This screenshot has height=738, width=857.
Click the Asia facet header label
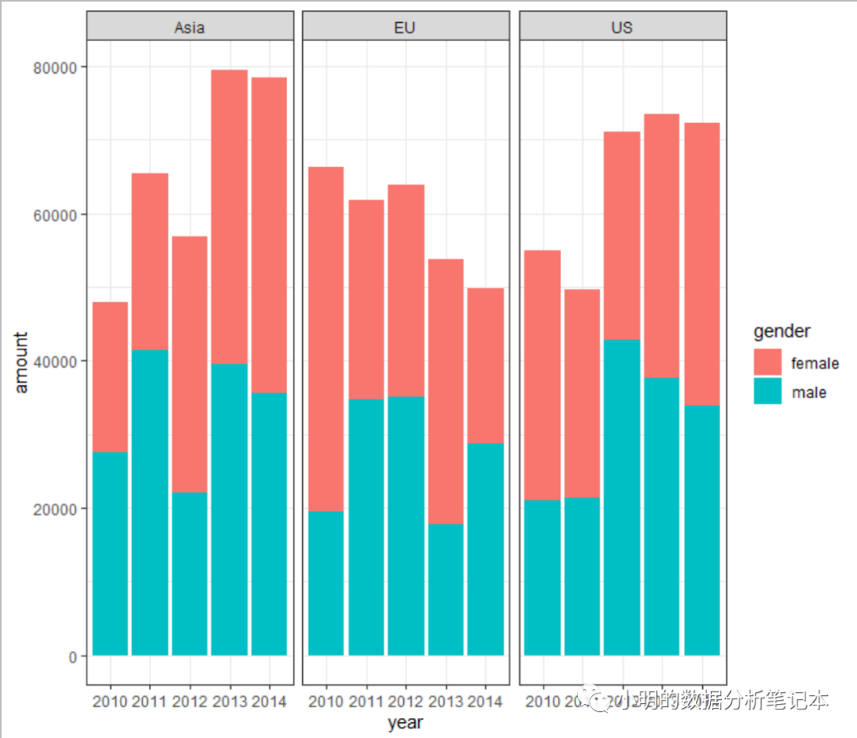point(189,28)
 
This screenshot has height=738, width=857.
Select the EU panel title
point(405,28)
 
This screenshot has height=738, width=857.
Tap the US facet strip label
point(622,28)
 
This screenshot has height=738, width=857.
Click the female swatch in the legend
point(767,362)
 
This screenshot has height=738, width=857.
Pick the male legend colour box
point(767,392)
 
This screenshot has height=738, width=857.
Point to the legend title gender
point(782,331)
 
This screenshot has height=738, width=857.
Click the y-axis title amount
point(22,362)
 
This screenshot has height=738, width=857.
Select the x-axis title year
point(405,723)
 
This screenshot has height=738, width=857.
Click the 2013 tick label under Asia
point(229,702)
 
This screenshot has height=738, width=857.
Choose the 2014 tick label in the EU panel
point(485,702)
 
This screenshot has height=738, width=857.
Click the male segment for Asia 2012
point(190,574)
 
